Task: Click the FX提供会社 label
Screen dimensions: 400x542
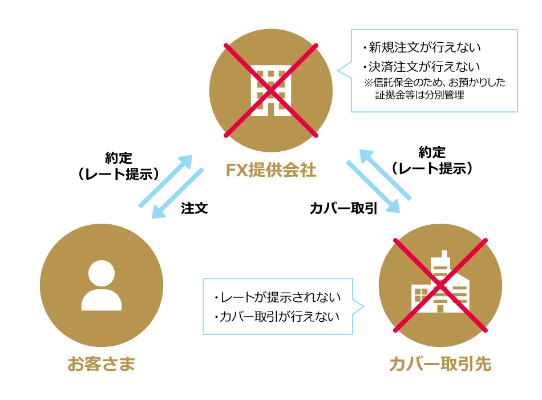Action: coord(271,171)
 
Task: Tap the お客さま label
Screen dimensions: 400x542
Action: coord(102,363)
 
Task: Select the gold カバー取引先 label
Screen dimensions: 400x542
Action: coord(440,364)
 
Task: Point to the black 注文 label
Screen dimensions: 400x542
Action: coord(194,208)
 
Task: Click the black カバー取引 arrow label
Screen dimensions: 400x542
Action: coord(344,208)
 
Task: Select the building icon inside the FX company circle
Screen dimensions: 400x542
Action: coord(271,92)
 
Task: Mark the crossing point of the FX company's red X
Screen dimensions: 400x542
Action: coord(271,90)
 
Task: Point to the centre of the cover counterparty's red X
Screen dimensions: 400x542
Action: coord(440,285)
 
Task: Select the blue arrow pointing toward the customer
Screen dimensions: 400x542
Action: coord(178,193)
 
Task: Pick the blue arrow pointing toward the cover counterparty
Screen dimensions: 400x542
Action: coord(373,187)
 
